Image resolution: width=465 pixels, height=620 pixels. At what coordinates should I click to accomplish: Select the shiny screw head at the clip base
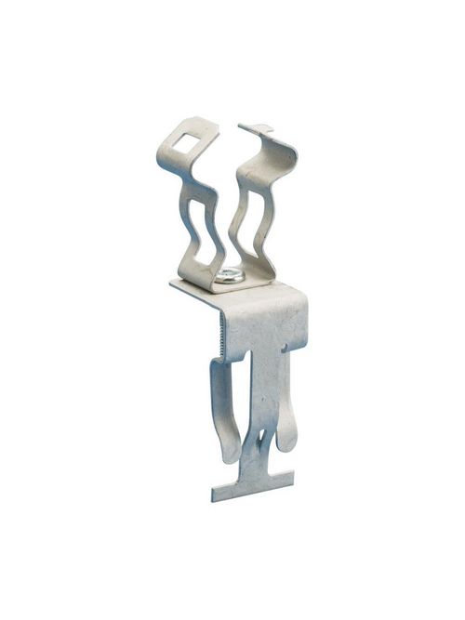click(228, 275)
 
